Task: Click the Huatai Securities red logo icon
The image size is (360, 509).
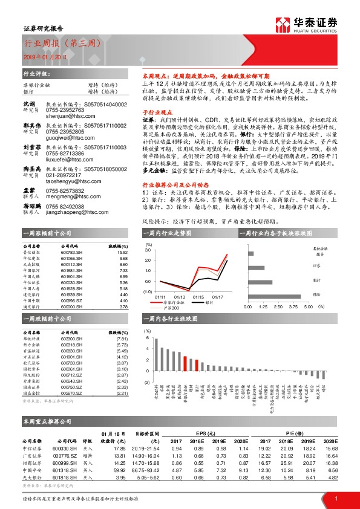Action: (281, 25)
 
